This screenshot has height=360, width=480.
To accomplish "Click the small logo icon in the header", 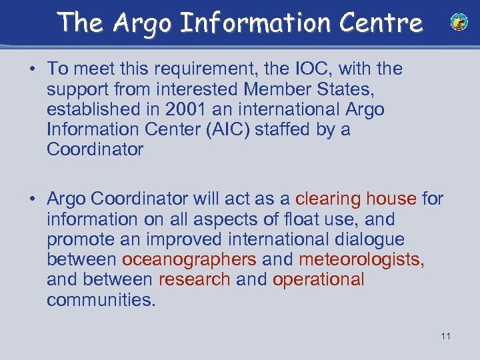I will pyautogui.click(x=459, y=23).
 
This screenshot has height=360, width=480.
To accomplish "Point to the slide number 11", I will pyautogui.click(x=445, y=336).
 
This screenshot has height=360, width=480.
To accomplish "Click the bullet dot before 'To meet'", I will pyautogui.click(x=33, y=69).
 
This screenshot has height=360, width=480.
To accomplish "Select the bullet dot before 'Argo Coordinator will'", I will pyautogui.click(x=33, y=199).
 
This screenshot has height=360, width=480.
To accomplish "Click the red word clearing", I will pyautogui.click(x=328, y=199).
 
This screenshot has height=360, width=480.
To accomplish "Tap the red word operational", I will pyautogui.click(x=319, y=279).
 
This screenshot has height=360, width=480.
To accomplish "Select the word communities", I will pyautogui.click(x=101, y=300).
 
